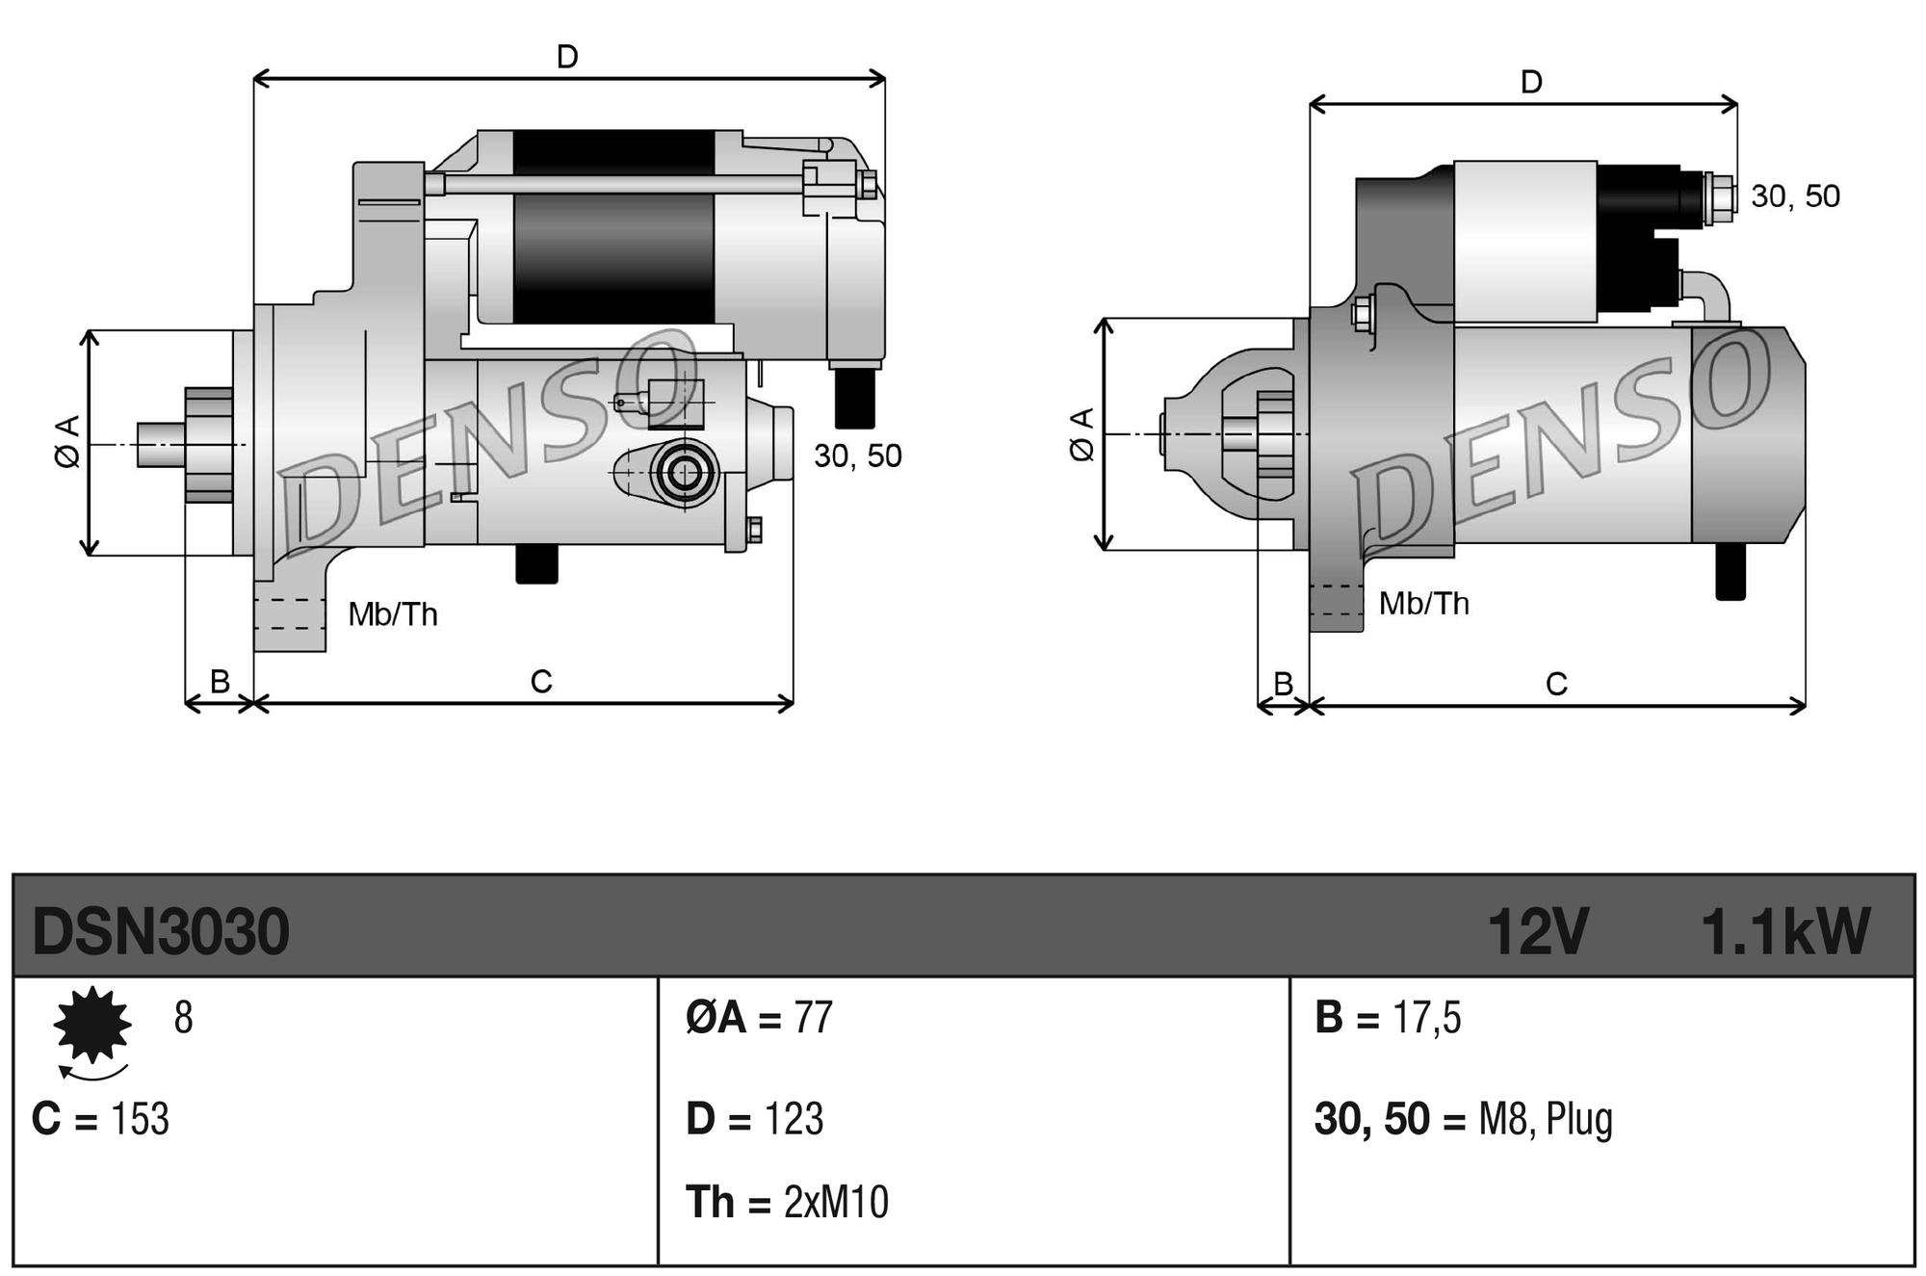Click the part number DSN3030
160,931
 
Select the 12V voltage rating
1537,931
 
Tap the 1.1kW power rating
1784,931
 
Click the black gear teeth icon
92,1025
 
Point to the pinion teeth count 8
183,1018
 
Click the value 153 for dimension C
140,1119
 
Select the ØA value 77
813,1018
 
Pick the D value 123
794,1119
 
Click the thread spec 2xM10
836,1202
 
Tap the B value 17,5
1426,1018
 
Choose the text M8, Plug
1545,1119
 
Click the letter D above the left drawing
567,57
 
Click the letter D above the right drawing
1531,82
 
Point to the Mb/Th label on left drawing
393,614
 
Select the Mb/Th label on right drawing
1423,604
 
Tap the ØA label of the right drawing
1082,434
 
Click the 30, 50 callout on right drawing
1795,196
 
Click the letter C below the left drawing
541,682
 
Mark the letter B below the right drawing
1283,684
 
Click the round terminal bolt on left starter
685,473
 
